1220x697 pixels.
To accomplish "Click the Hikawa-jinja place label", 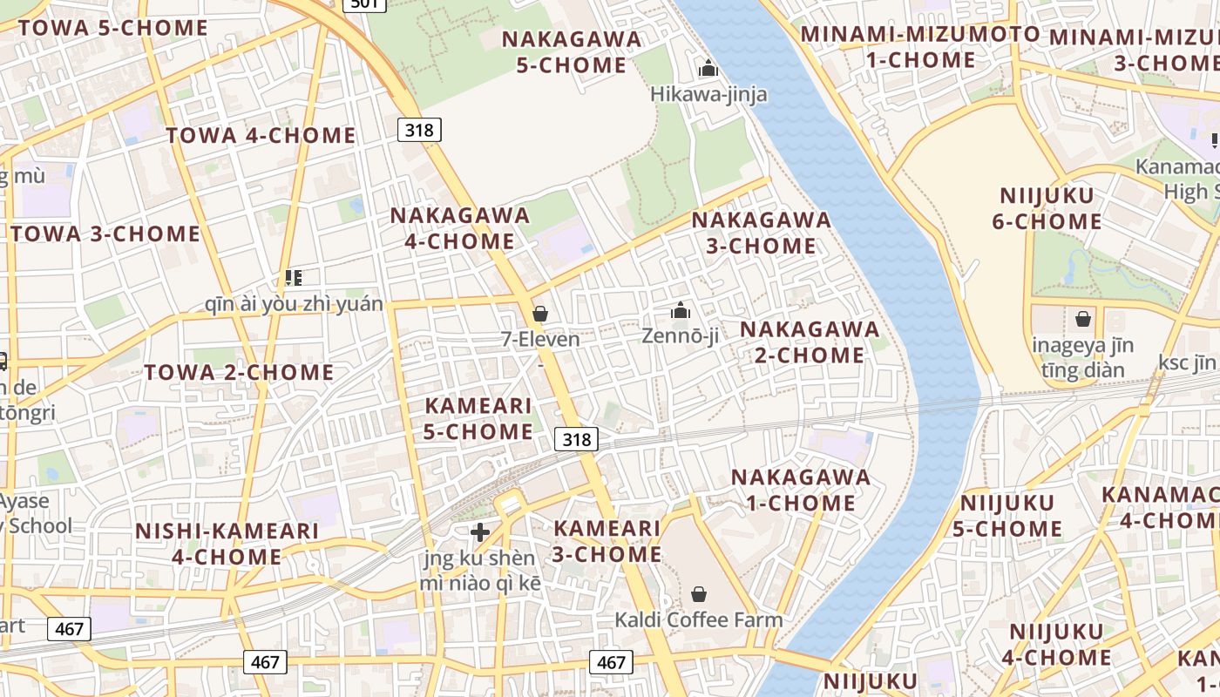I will (708, 94).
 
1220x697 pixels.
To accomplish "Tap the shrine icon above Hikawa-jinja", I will (708, 68).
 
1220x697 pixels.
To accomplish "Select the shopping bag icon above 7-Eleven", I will (540, 313).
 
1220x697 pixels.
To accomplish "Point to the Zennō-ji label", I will (680, 335).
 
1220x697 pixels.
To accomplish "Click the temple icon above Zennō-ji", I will (680, 310).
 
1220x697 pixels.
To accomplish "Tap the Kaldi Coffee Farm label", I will (698, 620).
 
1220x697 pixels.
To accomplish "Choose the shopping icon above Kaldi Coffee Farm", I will (698, 595).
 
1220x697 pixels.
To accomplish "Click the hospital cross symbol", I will (479, 532).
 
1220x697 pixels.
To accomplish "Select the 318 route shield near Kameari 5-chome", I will (576, 440).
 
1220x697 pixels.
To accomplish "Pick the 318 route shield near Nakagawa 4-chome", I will (420, 130).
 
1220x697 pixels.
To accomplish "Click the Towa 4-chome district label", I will (261, 136).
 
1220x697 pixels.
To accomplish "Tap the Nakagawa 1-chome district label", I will (800, 490).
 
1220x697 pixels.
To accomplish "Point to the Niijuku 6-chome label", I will (1047, 208).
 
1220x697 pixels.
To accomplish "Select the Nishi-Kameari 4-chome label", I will (227, 544).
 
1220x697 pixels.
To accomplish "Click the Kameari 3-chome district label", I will (607, 541).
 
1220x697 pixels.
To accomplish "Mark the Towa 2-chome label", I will (239, 373).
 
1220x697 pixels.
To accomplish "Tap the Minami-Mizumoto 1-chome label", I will (920, 47).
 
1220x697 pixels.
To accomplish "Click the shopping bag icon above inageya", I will (1082, 320).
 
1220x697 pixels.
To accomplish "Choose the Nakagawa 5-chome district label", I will (572, 52).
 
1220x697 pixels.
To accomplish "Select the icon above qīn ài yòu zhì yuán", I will (293, 278).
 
